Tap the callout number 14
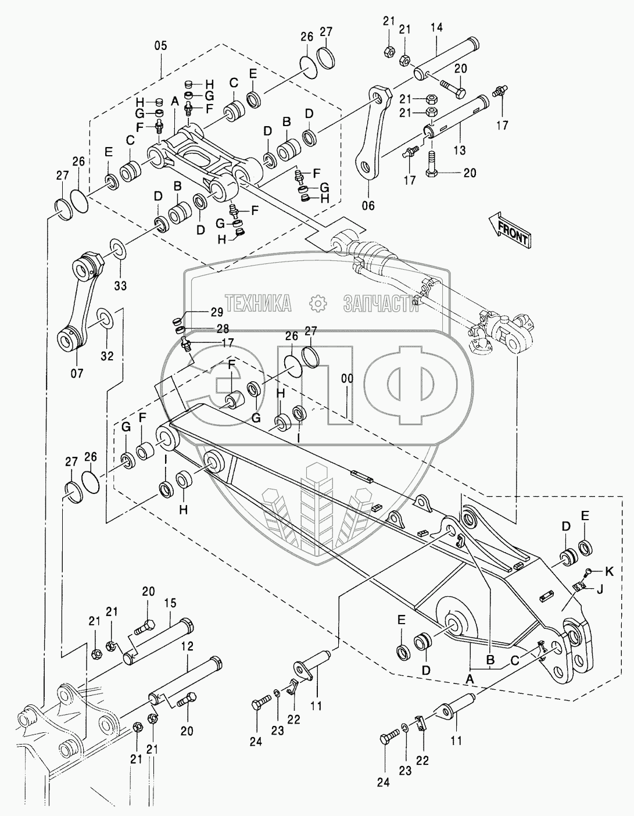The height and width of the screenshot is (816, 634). (x=437, y=27)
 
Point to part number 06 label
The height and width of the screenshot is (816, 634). (x=368, y=205)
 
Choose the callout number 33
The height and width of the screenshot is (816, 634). (x=120, y=285)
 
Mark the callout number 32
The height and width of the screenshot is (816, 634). (x=107, y=356)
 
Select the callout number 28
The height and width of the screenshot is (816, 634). (x=207, y=328)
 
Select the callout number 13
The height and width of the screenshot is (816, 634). (x=460, y=151)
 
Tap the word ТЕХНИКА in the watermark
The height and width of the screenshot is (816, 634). (x=258, y=303)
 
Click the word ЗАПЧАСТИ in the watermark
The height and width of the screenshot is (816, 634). (x=381, y=303)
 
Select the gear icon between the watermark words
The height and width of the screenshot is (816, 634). (x=317, y=303)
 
